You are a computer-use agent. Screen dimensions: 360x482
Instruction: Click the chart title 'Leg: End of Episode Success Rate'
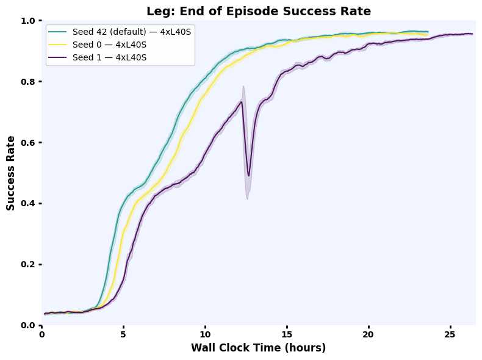[x=259, y=10]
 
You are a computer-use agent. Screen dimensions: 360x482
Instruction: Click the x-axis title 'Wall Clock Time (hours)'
[x=259, y=348]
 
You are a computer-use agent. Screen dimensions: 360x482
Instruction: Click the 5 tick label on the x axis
[x=123, y=335]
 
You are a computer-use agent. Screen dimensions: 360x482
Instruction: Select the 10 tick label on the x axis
[x=205, y=335]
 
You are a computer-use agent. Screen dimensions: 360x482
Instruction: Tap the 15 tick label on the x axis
[x=287, y=335]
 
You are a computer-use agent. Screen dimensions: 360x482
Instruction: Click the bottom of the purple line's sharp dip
[x=248, y=176]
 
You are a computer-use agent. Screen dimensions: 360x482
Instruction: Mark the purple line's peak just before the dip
[x=242, y=101]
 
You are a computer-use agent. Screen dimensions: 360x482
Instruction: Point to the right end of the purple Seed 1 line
[x=472, y=34]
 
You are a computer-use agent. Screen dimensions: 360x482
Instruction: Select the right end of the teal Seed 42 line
[x=428, y=31]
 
